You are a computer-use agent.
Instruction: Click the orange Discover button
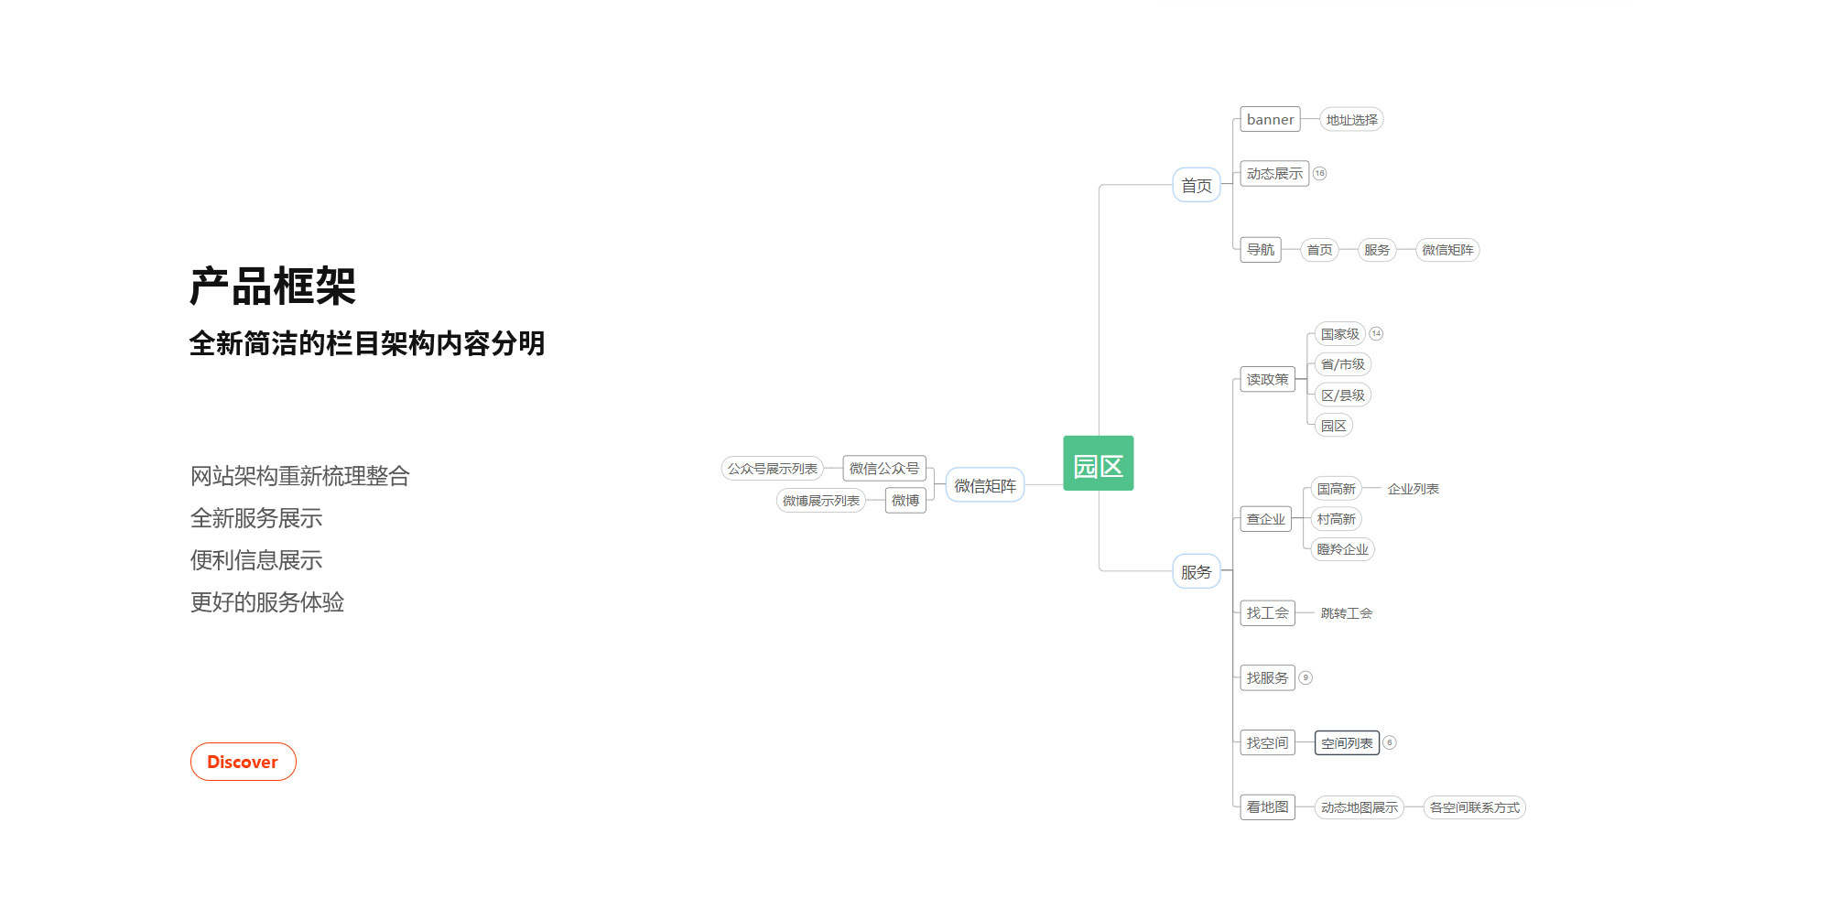(243, 762)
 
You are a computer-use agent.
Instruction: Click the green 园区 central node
(1098, 464)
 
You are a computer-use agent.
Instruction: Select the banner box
(1270, 120)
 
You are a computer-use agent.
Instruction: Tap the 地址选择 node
(1351, 120)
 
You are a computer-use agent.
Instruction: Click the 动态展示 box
(1273, 174)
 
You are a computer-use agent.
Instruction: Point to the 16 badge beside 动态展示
(1319, 173)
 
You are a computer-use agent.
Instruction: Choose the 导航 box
(1260, 250)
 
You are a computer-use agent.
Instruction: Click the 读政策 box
(1267, 379)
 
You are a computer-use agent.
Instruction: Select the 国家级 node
(1339, 334)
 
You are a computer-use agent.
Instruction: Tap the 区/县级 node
(1342, 395)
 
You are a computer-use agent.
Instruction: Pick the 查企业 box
(1265, 519)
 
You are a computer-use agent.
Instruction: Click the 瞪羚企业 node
(1342, 549)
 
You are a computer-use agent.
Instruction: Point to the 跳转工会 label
(1346, 613)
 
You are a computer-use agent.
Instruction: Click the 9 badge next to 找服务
(1306, 678)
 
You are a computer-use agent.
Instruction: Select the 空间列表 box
(1347, 743)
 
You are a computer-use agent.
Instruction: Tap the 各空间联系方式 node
(1474, 807)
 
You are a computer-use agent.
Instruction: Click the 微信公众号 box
(883, 469)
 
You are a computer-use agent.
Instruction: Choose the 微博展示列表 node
(820, 501)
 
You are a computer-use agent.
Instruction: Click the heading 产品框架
(273, 287)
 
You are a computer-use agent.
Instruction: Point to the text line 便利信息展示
(256, 560)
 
